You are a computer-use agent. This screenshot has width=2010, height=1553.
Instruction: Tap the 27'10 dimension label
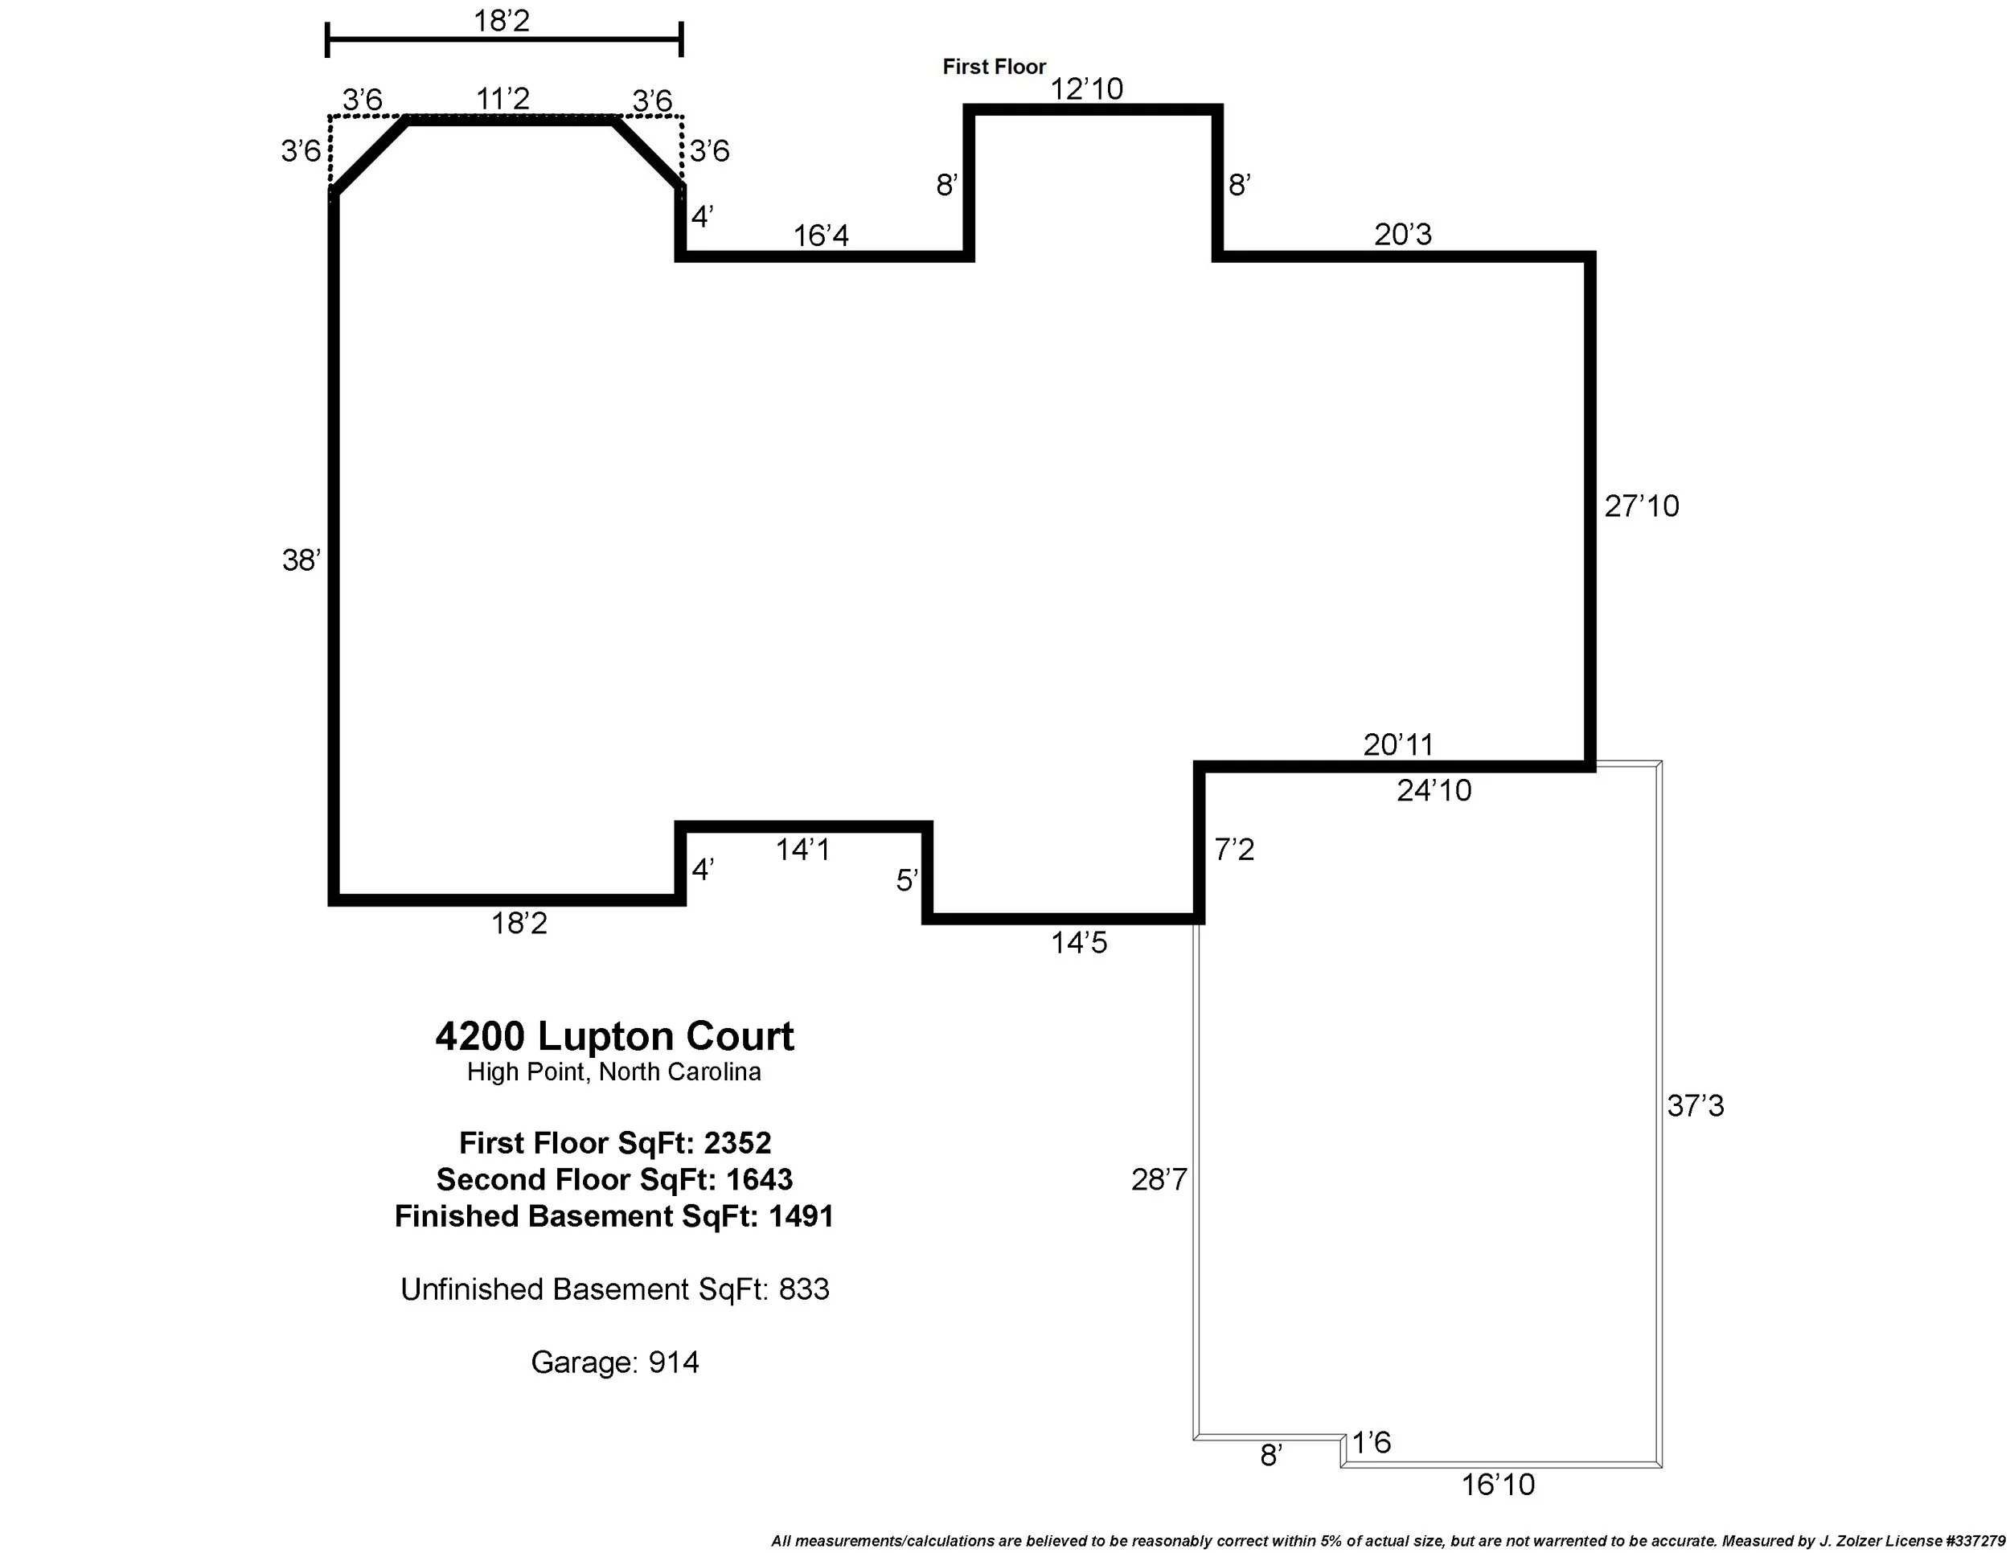coord(1641,506)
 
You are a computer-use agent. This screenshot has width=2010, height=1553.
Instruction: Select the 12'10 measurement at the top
coord(1086,89)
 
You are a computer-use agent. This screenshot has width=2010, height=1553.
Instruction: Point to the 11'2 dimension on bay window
coord(503,98)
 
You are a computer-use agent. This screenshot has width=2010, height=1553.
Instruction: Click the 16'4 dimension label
coord(821,236)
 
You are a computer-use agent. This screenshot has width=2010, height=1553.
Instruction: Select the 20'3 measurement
coord(1403,235)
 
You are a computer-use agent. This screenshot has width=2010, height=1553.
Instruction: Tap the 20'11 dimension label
coord(1398,744)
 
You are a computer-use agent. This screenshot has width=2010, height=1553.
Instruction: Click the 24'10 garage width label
coord(1434,790)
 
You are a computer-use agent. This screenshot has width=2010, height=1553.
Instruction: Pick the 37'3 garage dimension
coord(1696,1106)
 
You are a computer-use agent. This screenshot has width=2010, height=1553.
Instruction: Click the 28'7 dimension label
coord(1159,1179)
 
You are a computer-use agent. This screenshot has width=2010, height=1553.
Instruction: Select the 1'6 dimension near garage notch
coord(1372,1443)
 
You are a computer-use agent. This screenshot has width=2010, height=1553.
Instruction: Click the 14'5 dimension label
coord(1079,943)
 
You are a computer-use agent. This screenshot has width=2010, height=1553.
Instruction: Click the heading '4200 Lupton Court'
coord(614,1036)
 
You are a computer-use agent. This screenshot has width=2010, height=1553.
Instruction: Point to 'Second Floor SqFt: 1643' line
coord(614,1179)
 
